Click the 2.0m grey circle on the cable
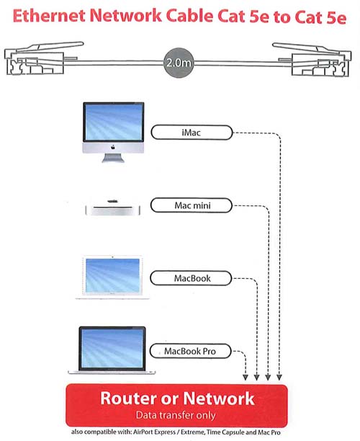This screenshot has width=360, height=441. click(x=179, y=63)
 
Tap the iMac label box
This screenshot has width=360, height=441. click(x=192, y=132)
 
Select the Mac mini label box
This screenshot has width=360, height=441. click(x=192, y=205)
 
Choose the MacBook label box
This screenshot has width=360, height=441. click(x=191, y=278)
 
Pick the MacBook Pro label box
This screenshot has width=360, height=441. click(x=190, y=351)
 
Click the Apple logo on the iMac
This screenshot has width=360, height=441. click(x=113, y=147)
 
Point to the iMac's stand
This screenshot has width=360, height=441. click(x=113, y=158)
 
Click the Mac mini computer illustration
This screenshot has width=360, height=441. click(x=113, y=208)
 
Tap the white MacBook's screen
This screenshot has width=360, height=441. click(x=113, y=275)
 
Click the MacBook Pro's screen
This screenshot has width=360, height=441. click(x=112, y=348)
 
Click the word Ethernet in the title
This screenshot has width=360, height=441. click(x=49, y=15)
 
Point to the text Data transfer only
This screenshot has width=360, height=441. click(x=176, y=415)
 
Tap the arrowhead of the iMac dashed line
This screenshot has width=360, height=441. click(x=279, y=377)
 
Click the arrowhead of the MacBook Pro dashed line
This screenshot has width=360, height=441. click(x=246, y=377)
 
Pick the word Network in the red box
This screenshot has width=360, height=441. click(x=219, y=398)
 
